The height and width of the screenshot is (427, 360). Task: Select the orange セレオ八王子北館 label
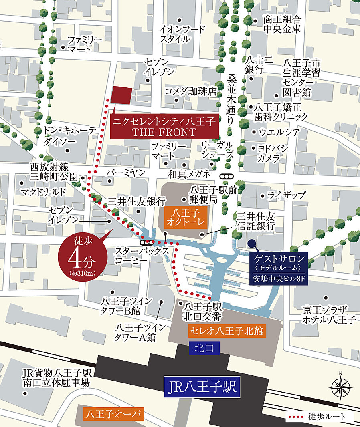pos(227,331)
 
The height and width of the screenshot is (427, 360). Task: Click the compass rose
pos(340,387)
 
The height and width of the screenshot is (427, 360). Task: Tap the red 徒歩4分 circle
pos(83,256)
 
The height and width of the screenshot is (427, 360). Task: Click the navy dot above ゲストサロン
pos(251,243)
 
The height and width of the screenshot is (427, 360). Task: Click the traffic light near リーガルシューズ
pos(227,177)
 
